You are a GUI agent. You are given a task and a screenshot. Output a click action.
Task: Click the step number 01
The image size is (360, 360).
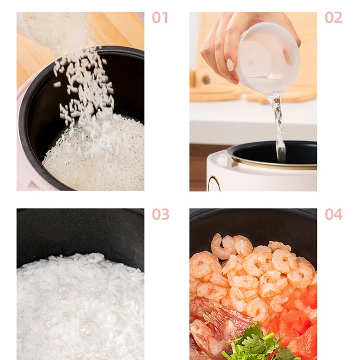160,18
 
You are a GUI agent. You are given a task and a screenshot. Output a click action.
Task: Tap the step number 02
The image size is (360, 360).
333,18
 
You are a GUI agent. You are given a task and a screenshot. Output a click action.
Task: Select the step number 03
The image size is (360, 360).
161,214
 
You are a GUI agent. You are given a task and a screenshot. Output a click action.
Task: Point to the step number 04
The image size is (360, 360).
333,214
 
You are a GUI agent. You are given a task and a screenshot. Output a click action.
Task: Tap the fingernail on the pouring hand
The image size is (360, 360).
230,65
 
